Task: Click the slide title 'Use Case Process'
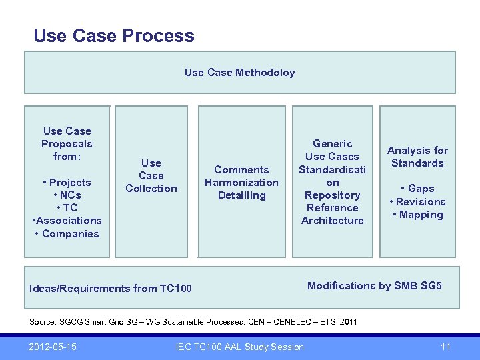[x=114, y=35]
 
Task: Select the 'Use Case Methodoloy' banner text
[x=239, y=72]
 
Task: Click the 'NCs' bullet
[x=67, y=195]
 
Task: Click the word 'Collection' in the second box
[x=151, y=188]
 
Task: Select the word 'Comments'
[x=241, y=169]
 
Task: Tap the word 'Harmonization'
[x=241, y=182]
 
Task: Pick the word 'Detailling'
[x=241, y=195]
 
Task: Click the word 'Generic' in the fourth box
[x=332, y=143]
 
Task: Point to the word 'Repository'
[x=332, y=195]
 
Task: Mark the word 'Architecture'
[x=332, y=220]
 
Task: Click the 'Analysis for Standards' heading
[x=417, y=157]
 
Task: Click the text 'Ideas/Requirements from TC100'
[x=111, y=288]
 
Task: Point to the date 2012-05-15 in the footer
[x=52, y=346]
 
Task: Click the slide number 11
[x=446, y=346]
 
